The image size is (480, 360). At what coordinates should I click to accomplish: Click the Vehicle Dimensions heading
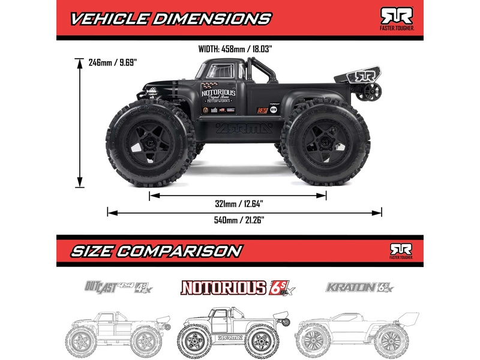tap(170, 18)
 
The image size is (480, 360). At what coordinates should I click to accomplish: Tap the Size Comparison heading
tap(157, 250)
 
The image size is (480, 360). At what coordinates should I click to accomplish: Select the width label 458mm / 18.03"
tap(240, 50)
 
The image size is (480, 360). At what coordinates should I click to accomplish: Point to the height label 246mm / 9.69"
tap(113, 62)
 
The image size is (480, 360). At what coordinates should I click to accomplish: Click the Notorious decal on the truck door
tap(217, 97)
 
